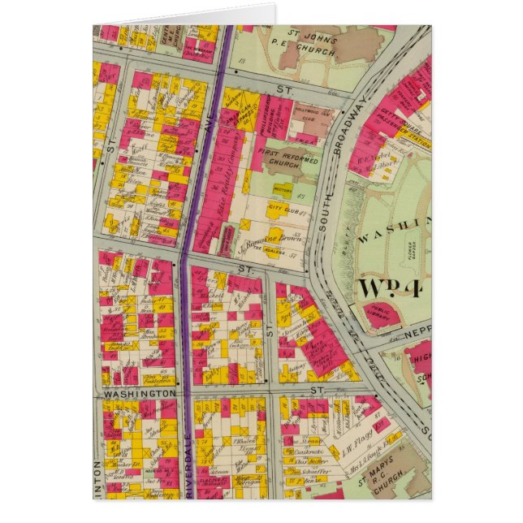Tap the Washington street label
(140, 392)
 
